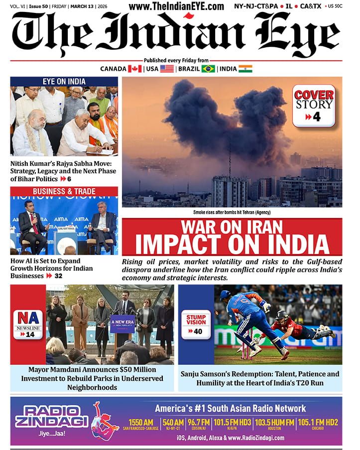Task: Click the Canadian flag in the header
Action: pos(135,69)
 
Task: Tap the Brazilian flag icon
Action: pos(208,69)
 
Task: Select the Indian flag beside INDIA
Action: pos(245,69)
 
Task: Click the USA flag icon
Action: pos(167,69)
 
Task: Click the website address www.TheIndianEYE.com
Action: pos(176,6)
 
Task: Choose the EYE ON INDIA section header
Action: pos(64,82)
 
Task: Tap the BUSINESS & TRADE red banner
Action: pos(64,192)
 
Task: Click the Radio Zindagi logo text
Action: pos(52,416)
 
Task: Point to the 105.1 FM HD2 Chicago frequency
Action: pos(318,423)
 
